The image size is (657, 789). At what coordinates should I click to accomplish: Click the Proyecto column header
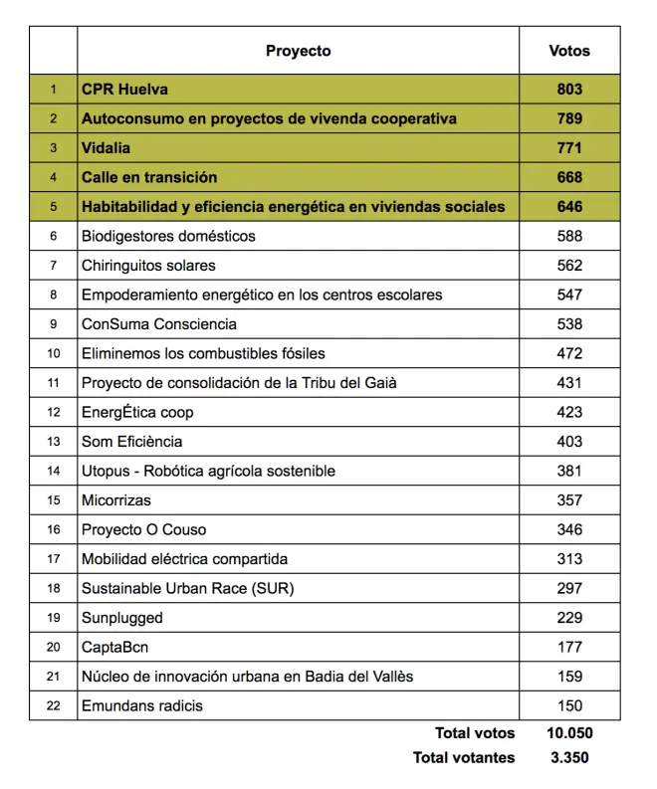coord(298,51)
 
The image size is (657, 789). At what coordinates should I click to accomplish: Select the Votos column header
coord(569,51)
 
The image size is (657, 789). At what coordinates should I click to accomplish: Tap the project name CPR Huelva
coord(124,90)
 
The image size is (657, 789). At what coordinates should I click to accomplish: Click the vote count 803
coord(569,90)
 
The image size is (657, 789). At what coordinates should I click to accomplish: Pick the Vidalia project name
coord(107,148)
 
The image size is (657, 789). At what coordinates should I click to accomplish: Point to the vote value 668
coord(569,177)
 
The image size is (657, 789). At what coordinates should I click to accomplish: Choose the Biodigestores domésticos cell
coord(168,236)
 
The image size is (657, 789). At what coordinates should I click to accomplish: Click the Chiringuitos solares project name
coord(148,266)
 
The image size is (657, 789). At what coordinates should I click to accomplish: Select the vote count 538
coord(569,324)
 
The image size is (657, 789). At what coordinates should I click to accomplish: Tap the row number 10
coord(54,353)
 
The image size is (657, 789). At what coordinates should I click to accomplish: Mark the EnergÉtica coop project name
coord(137,412)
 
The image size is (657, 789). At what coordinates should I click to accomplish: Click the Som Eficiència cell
coord(131,442)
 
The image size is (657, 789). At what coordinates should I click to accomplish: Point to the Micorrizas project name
coord(116,500)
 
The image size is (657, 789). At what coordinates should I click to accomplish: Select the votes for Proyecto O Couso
coord(569,529)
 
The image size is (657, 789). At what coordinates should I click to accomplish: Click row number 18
coord(54,588)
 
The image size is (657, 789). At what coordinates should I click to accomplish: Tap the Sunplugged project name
coord(121,618)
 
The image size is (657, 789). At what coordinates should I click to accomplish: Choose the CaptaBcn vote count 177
coord(569,647)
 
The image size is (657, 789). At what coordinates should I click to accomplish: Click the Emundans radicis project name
coord(142,706)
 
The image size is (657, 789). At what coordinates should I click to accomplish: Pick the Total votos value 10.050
coord(569,733)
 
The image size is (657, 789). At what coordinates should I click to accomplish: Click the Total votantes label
coord(464,758)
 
